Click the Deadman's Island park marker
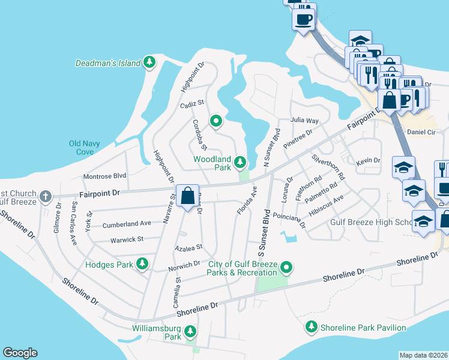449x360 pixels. click(x=149, y=62)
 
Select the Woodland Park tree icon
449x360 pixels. click(x=240, y=161)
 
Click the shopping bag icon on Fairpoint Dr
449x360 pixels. click(x=187, y=196)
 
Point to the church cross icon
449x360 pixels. click(x=45, y=196)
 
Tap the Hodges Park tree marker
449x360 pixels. click(x=142, y=263)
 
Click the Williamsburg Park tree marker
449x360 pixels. click(x=190, y=331)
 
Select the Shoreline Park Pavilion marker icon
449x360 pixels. click(x=311, y=327)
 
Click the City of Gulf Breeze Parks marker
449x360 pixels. click(x=287, y=267)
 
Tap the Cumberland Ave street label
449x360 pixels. click(x=127, y=224)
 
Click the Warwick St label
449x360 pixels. click(x=127, y=239)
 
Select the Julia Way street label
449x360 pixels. click(x=304, y=120)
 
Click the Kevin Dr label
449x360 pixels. click(x=368, y=161)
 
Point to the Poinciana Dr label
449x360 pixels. click(x=289, y=220)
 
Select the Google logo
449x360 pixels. click(x=20, y=353)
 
